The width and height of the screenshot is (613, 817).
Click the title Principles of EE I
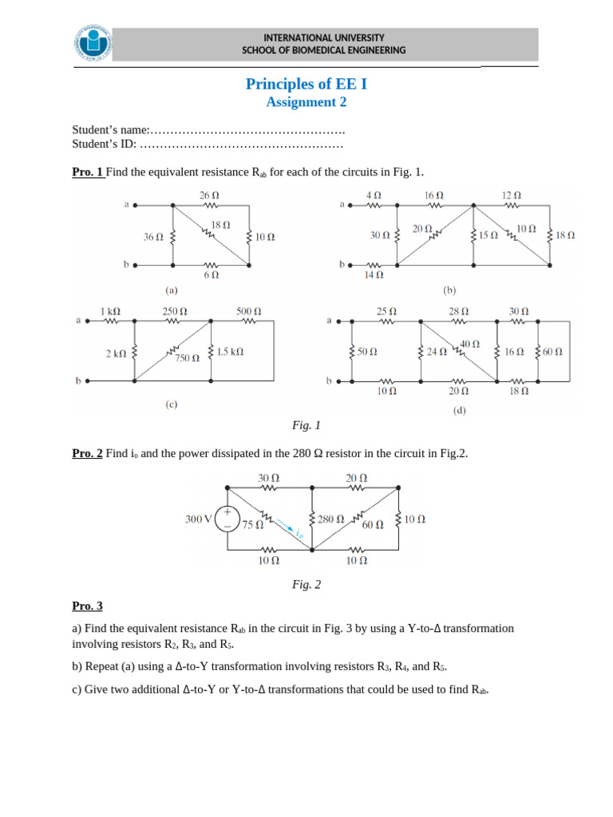(306, 85)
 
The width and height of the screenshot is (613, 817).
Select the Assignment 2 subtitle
(306, 102)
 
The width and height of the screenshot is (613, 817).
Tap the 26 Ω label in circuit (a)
(209, 195)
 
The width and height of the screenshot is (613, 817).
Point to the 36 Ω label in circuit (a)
(153, 237)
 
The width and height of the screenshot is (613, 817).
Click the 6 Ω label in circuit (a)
(211, 274)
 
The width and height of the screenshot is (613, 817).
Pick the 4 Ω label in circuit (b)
(374, 195)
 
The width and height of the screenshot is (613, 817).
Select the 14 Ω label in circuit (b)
(374, 275)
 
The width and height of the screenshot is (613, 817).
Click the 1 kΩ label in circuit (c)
(110, 310)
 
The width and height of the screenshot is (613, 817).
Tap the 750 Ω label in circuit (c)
(188, 359)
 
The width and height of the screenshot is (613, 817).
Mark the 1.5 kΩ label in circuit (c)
(230, 351)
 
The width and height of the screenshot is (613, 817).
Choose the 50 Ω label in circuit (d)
(367, 352)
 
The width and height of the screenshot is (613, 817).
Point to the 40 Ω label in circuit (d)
(469, 344)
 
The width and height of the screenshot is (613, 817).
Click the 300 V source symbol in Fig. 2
(227, 519)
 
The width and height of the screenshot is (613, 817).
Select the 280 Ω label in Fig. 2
(330, 519)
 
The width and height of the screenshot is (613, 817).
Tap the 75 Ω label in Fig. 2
(252, 525)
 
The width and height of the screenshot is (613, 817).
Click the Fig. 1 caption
(306, 425)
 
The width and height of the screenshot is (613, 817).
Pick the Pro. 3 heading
(87, 606)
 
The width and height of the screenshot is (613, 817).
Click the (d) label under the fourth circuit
(460, 411)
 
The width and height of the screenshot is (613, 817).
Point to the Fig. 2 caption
(306, 585)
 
